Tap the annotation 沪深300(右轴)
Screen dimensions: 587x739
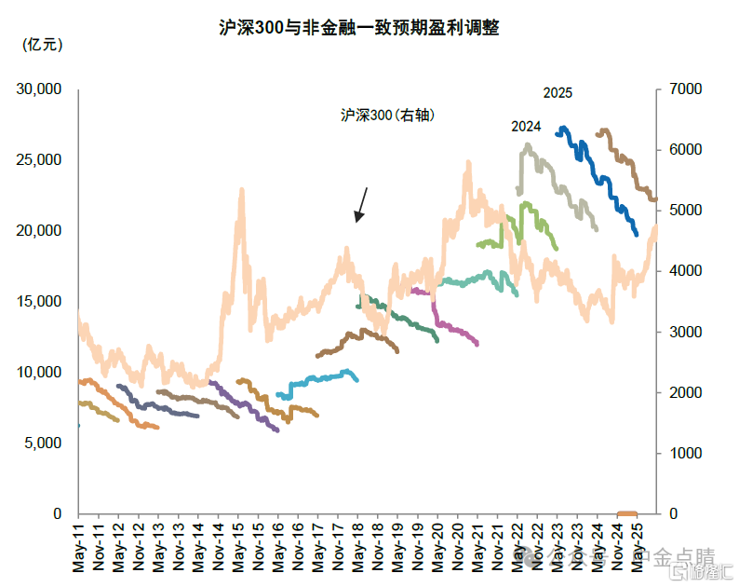pos(388,116)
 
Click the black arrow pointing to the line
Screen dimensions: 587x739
pos(361,205)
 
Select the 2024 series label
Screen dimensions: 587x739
pos(526,127)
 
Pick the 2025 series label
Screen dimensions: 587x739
pos(558,93)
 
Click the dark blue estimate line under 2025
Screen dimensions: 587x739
pos(596,168)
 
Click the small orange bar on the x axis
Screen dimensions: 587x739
pos(627,512)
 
